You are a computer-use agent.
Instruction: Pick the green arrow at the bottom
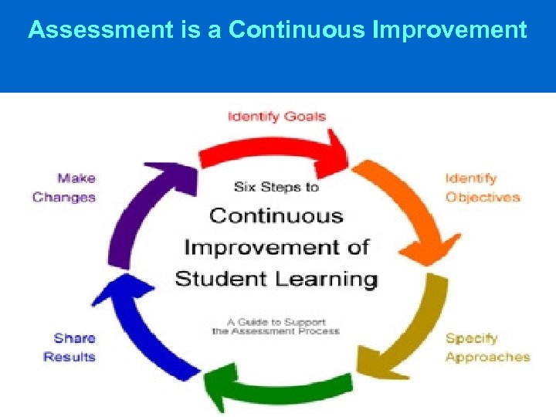click(x=278, y=386)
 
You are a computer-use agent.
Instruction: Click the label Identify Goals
click(x=276, y=117)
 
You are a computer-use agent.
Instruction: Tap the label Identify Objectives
click(x=483, y=188)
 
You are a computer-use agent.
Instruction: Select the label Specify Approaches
click(x=487, y=347)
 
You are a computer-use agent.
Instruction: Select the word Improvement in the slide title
click(x=449, y=30)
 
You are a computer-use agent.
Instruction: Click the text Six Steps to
click(x=276, y=187)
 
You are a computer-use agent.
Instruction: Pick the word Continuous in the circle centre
click(x=276, y=215)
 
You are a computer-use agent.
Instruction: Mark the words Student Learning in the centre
click(x=276, y=278)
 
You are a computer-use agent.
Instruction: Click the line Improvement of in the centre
click(x=276, y=247)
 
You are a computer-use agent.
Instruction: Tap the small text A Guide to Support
click(x=276, y=321)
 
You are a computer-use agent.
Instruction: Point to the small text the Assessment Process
click(x=276, y=331)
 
